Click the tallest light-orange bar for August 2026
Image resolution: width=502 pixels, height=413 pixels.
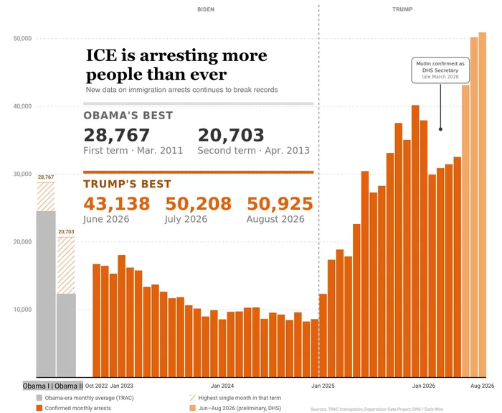click(482, 205)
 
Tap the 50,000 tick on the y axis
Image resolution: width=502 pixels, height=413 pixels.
click(22, 39)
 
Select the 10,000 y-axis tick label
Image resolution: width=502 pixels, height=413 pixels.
click(22, 310)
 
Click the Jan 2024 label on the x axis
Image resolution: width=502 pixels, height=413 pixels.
click(222, 386)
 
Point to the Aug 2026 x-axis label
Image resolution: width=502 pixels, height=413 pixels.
click(482, 386)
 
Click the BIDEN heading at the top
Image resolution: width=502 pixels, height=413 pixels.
click(206, 9)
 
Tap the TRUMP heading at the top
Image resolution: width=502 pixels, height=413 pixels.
click(402, 9)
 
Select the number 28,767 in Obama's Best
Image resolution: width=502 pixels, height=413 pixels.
click(116, 135)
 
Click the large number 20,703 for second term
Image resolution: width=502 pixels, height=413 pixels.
click(231, 135)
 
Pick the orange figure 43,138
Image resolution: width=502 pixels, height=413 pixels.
click(116, 203)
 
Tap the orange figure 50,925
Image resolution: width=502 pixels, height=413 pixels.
click(280, 203)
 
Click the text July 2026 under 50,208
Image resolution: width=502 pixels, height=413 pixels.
click(186, 219)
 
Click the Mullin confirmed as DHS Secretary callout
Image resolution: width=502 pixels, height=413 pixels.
click(440, 70)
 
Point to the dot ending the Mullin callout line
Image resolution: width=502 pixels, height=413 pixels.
click(440, 129)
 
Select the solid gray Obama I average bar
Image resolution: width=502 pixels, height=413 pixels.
click(46, 294)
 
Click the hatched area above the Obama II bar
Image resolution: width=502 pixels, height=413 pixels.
click(66, 266)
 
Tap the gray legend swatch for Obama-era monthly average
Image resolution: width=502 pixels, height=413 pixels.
click(39, 398)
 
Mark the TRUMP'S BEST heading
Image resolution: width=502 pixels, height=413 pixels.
click(128, 184)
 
